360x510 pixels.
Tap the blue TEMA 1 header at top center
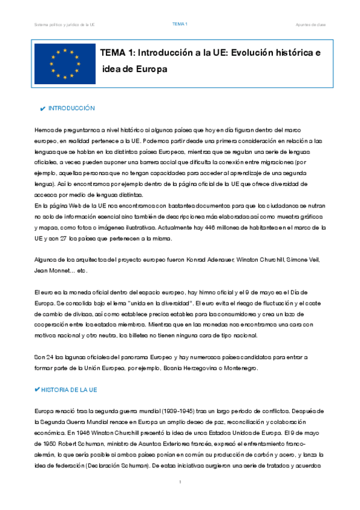click(x=180, y=23)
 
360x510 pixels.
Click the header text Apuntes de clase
click(x=311, y=24)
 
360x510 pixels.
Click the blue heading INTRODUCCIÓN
click(x=72, y=108)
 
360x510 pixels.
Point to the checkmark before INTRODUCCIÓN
click(x=41, y=108)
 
